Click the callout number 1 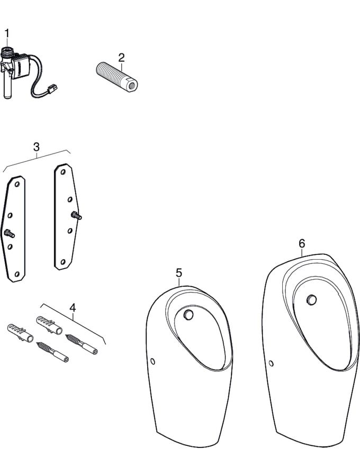(x=7, y=33)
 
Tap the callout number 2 (x=122, y=57)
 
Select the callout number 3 (x=36, y=147)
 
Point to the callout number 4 (x=73, y=308)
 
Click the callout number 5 (x=179, y=273)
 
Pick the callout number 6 (x=302, y=243)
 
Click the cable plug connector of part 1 (x=52, y=88)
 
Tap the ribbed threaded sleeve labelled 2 (x=116, y=77)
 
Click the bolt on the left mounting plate (x=10, y=233)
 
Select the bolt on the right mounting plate (x=76, y=216)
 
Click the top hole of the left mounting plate (x=17, y=184)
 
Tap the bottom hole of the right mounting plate (x=63, y=262)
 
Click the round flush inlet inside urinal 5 (x=188, y=315)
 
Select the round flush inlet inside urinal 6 (x=311, y=300)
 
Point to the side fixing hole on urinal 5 (x=153, y=361)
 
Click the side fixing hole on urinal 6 (x=271, y=363)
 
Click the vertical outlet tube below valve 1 (x=8, y=88)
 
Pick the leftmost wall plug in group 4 (x=20, y=333)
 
